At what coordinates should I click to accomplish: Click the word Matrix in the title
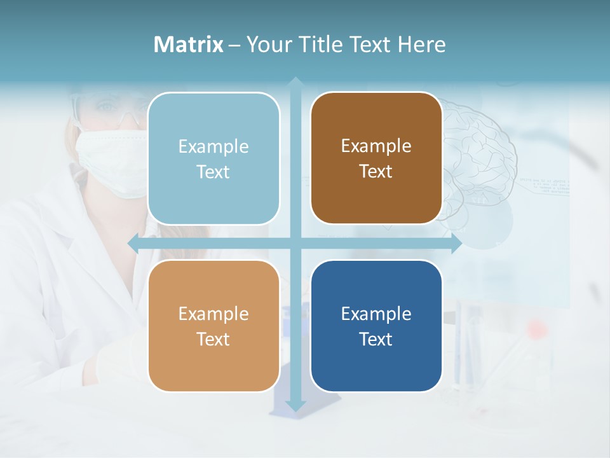pos(189,45)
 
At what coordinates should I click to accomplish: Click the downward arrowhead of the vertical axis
pos(295,405)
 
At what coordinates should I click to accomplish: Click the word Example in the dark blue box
pos(376,314)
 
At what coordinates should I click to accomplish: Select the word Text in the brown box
pos(376,172)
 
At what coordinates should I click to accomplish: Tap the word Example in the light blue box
pos(213,146)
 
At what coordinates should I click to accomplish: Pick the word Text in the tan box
pos(213,339)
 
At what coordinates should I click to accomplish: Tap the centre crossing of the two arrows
pos(295,244)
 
